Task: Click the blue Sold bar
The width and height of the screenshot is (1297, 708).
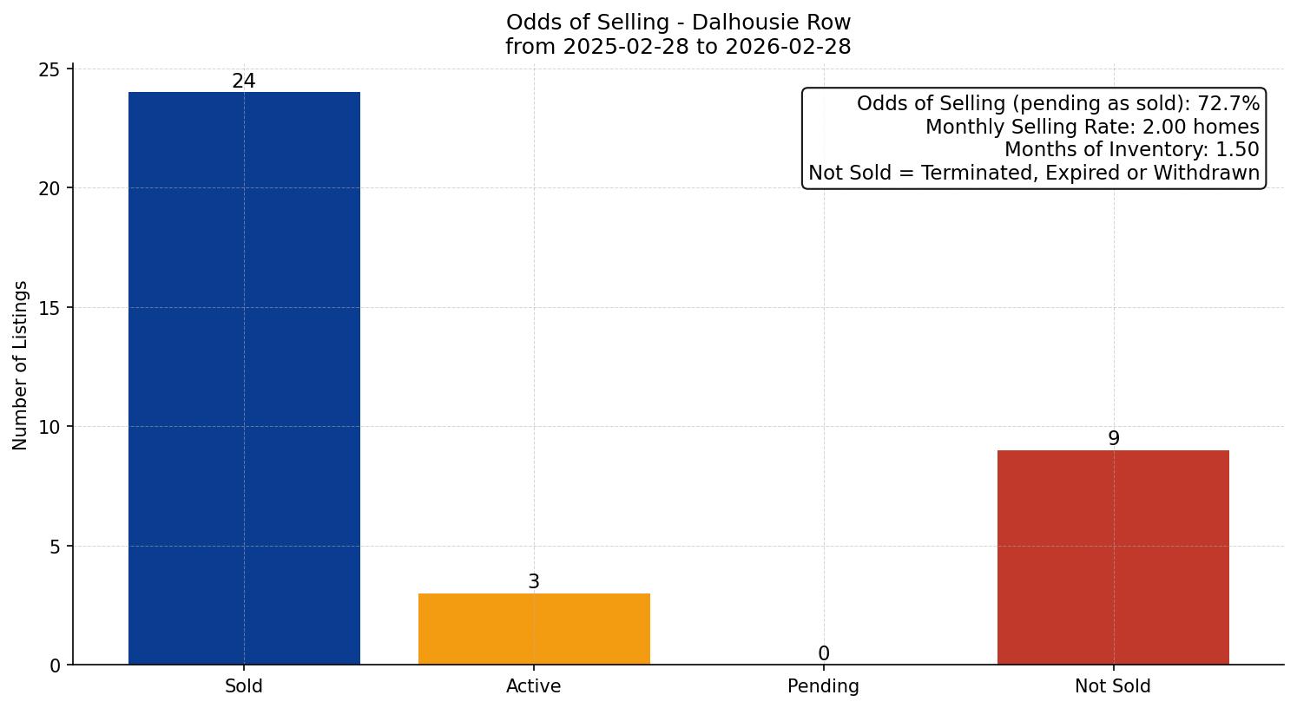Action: coord(244,378)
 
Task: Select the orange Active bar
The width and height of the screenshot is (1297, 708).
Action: coord(534,629)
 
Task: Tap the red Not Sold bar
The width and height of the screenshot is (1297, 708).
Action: coord(1113,557)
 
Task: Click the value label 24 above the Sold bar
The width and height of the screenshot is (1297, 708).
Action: coord(244,82)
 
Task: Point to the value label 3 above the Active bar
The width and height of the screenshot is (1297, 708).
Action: coord(534,582)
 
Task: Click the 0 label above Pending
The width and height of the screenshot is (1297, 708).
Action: coord(823,654)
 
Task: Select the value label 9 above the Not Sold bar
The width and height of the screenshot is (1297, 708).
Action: coord(1113,439)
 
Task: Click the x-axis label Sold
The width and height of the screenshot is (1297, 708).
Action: coord(244,686)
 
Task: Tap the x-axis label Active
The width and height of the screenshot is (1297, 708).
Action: coord(534,686)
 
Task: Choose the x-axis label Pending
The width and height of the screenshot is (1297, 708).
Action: coord(823,686)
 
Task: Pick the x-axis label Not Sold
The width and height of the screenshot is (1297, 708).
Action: coord(1113,686)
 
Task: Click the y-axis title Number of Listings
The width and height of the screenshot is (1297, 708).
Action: coord(21,365)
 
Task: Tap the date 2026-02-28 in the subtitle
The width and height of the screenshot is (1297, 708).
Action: coord(787,47)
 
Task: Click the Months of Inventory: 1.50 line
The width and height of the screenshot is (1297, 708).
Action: coord(1131,150)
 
